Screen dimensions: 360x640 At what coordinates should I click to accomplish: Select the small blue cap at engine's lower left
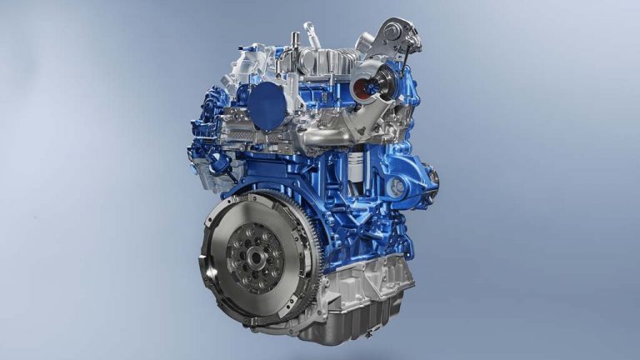[x=217, y=162]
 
